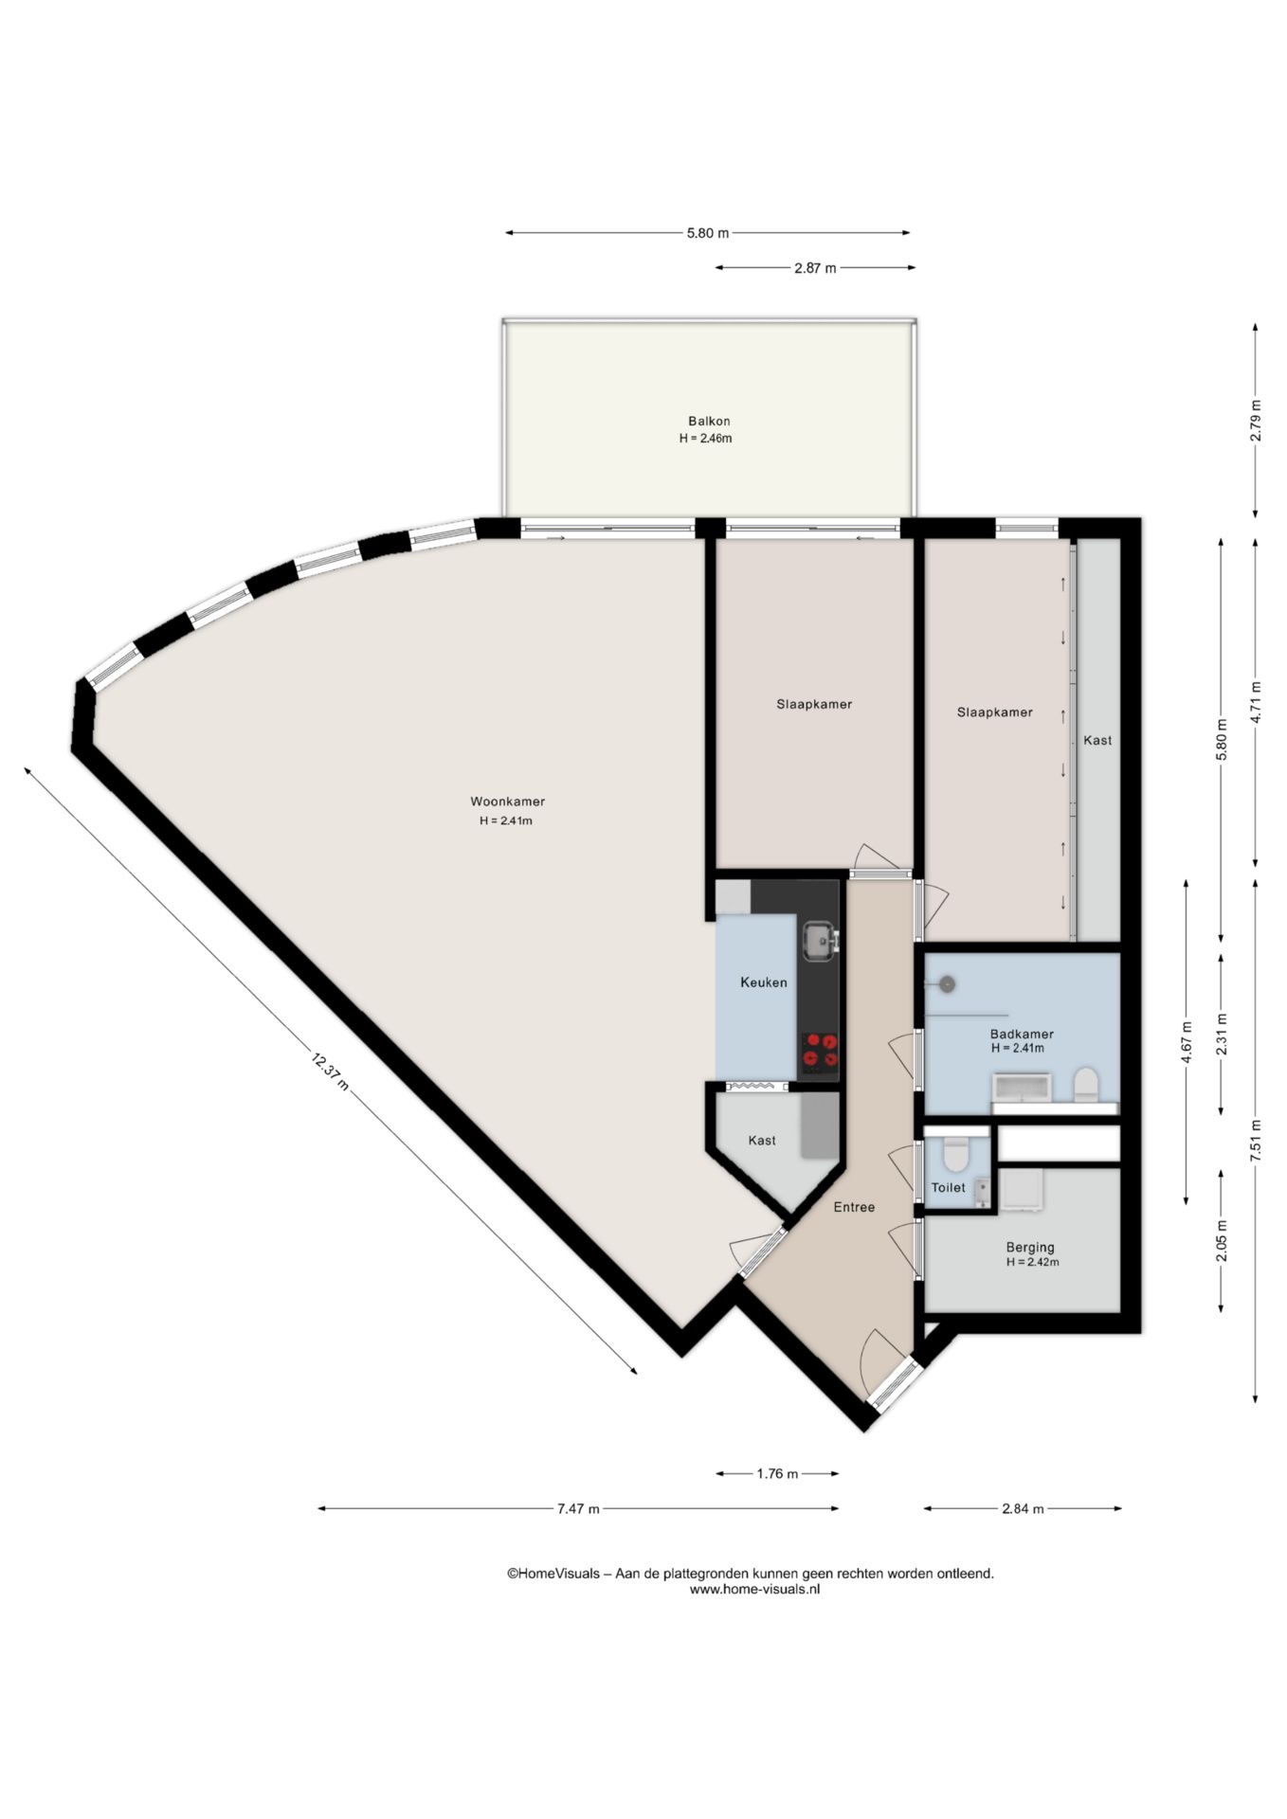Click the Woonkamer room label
tap(507, 801)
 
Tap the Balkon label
tap(709, 422)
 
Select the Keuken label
tap(764, 982)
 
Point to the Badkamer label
tap(1022, 1035)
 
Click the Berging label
tap(1030, 1248)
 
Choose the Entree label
tap(854, 1207)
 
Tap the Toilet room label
tap(948, 1188)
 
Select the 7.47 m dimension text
tap(578, 1509)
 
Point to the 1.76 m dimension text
tap(777, 1474)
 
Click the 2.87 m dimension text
tap(815, 268)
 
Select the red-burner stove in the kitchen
tap(821, 1054)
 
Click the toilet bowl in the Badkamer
tap(1085, 1085)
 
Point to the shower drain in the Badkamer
tap(946, 984)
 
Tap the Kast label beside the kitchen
tap(762, 1141)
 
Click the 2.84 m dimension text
tap(1023, 1509)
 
